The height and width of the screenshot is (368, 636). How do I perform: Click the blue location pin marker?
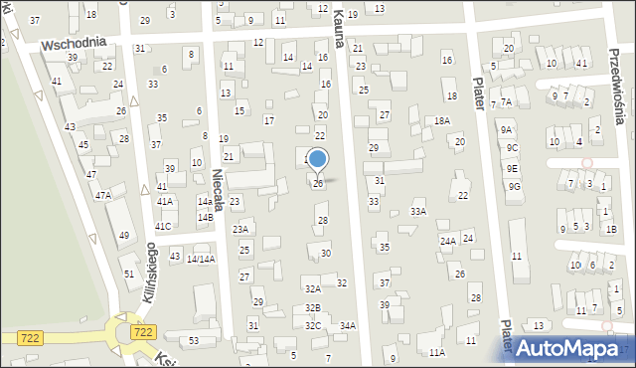(318, 160)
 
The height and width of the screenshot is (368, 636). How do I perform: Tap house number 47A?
(103, 196)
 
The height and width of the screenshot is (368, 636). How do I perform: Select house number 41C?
(163, 227)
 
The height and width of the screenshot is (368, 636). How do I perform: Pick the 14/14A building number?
(201, 260)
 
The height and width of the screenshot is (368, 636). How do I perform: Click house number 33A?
(418, 211)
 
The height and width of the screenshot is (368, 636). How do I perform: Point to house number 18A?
(442, 120)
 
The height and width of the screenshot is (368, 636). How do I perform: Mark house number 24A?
(448, 241)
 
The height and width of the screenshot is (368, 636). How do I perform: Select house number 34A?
(348, 325)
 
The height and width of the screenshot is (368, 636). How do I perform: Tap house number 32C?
(313, 325)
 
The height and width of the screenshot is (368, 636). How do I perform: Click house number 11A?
(436, 352)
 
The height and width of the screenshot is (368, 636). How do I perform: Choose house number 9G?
(514, 186)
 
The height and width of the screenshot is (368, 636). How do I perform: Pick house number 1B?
(611, 230)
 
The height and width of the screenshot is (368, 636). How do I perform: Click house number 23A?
(240, 229)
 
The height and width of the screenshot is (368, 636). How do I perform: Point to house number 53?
(194, 341)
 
